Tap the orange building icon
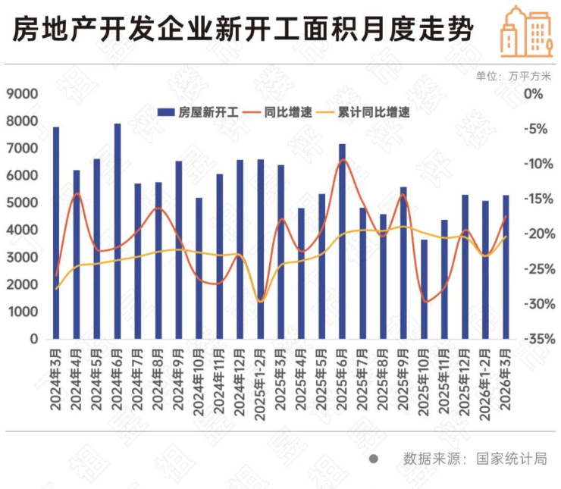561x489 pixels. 526,30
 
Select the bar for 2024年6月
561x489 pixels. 118,231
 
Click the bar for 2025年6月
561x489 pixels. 342,241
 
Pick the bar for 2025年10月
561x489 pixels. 424,289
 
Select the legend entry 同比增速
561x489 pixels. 280,112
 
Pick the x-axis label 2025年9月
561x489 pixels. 404,379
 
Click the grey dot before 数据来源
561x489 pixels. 372,459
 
